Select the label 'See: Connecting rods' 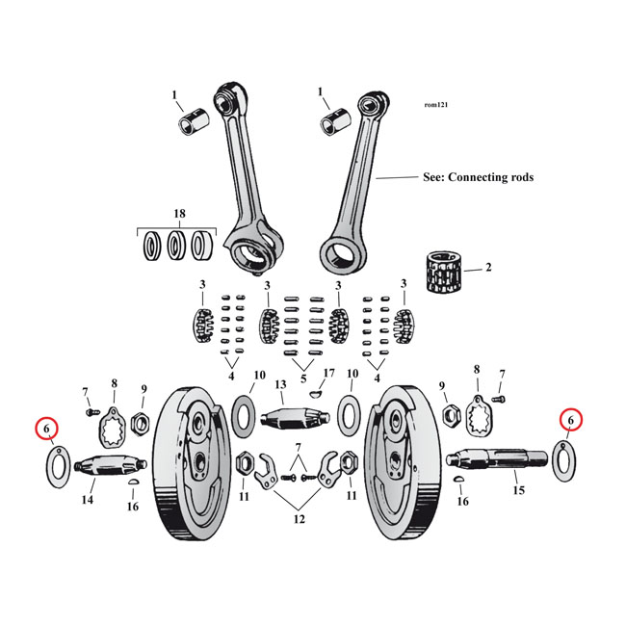(478, 177)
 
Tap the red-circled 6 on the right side (570, 420)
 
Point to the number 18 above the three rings (178, 213)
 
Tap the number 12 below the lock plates (300, 519)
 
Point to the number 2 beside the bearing (488, 267)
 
